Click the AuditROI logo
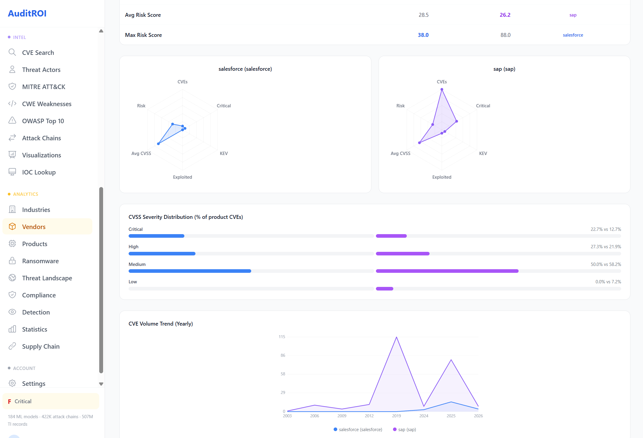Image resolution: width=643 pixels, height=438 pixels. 27,13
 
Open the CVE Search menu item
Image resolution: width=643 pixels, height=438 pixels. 38,53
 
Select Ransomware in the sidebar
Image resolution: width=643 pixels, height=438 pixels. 40,261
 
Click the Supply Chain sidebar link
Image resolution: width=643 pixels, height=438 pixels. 41,347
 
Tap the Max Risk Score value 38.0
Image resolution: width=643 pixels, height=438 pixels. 423,35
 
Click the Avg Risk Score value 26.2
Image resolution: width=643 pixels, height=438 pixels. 505,15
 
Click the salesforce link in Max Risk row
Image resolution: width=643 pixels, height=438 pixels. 573,35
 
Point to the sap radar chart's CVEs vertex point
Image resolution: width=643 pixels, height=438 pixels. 442,89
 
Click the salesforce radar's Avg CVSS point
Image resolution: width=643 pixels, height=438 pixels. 158,144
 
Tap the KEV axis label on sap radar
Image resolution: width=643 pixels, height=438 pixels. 483,153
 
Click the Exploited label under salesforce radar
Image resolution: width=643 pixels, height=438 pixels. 182,177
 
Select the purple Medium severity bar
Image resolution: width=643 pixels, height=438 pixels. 447,271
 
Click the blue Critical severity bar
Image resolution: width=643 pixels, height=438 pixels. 156,236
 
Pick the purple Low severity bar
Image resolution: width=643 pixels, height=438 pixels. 384,289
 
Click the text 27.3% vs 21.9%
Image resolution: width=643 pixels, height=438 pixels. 606,247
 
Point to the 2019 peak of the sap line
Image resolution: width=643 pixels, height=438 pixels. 396,337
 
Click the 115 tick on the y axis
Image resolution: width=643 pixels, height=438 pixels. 282,337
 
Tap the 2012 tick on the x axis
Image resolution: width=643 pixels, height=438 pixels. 369,416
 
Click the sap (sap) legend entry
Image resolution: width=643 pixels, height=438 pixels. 404,430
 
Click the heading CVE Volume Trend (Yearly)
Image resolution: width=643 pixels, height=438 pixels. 160,324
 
